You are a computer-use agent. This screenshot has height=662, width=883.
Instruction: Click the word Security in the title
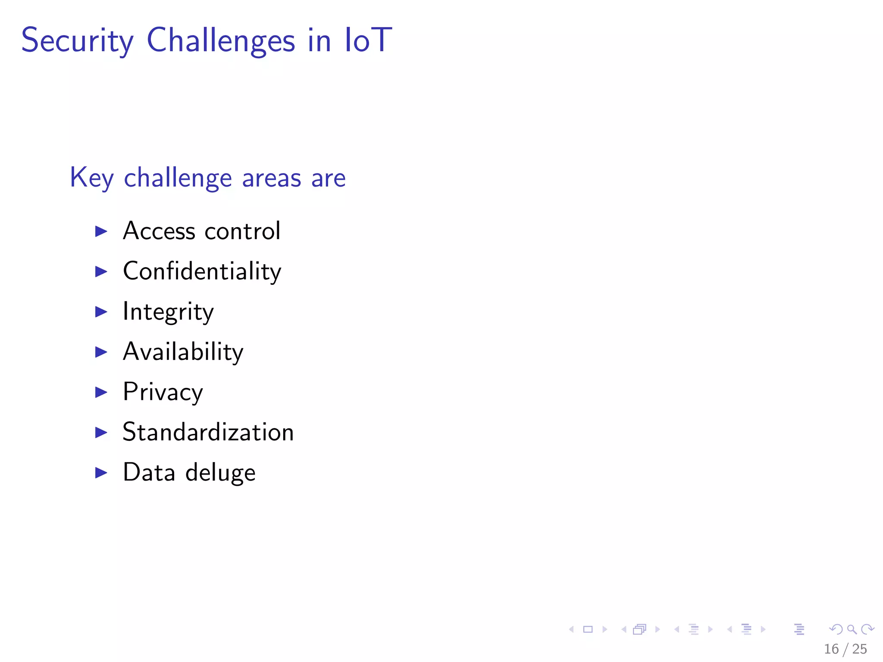click(x=78, y=41)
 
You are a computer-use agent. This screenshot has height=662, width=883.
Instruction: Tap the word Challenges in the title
click(x=221, y=41)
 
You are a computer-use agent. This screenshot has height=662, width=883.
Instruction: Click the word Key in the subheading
click(x=91, y=178)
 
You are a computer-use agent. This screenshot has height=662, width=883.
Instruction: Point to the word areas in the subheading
click(x=271, y=178)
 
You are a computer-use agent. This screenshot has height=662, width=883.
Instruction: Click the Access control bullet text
click(x=201, y=231)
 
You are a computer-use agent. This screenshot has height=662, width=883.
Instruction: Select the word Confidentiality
click(x=202, y=271)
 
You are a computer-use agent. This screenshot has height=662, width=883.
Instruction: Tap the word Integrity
click(x=168, y=312)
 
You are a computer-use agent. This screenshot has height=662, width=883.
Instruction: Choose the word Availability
click(x=183, y=352)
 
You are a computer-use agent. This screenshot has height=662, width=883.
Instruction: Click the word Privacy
click(x=163, y=392)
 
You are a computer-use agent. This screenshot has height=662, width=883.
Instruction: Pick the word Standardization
click(x=208, y=432)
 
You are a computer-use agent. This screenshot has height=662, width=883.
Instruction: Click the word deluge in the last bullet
click(x=220, y=473)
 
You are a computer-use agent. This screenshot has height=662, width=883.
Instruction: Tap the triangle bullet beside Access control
click(x=101, y=231)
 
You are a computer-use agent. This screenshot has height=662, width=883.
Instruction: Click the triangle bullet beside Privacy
click(x=101, y=392)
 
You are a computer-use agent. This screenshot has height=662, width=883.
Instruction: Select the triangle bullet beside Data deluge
click(x=101, y=473)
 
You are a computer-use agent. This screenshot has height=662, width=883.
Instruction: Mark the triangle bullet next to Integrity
click(x=101, y=312)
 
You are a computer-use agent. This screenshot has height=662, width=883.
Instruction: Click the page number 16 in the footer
click(x=831, y=649)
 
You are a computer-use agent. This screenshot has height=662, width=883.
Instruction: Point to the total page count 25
click(x=859, y=649)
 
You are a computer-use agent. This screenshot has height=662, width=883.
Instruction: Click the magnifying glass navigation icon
click(x=852, y=630)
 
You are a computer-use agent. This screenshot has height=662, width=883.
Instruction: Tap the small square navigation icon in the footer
click(x=588, y=630)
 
